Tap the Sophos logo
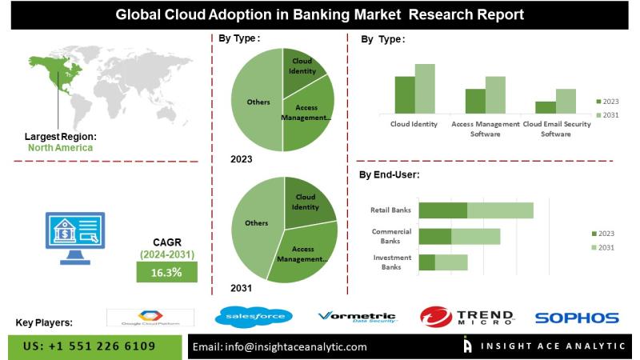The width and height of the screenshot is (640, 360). tap(577, 318)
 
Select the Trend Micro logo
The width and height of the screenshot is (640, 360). tap(467, 318)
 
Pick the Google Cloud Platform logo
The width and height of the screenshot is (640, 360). tap(150, 317)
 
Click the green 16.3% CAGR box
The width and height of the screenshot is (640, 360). tap(166, 273)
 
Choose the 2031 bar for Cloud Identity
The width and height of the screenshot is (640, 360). tap(425, 88)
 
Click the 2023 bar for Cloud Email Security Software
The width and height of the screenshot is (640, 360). tap(546, 106)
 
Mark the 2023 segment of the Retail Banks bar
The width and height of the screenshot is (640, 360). tap(442, 210)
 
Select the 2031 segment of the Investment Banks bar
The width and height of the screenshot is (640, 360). tap(451, 262)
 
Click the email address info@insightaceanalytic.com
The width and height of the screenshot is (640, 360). tap(280, 347)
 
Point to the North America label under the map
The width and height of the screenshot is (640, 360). tap(60, 147)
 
